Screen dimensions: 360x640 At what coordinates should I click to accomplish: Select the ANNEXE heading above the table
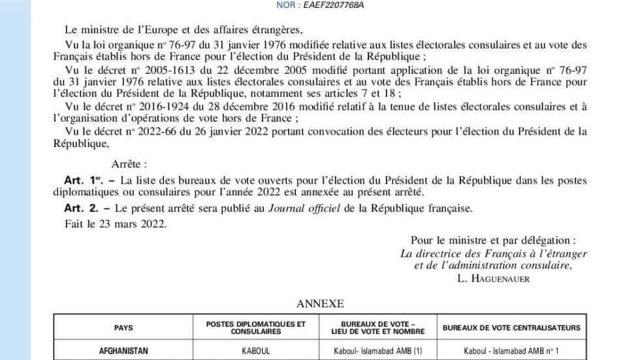(320, 304)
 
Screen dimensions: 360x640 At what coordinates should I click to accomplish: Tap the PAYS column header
(123, 328)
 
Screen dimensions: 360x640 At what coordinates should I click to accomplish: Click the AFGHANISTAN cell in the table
(123, 352)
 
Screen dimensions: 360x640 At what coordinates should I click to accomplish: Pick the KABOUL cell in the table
(256, 352)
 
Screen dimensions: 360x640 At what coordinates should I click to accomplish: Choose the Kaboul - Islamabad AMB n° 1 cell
(511, 352)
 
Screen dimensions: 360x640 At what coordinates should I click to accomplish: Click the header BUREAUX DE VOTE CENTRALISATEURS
(511, 328)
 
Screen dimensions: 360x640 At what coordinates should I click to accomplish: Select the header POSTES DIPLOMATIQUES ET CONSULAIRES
(256, 327)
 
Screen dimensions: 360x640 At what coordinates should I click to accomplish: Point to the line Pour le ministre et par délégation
(494, 240)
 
